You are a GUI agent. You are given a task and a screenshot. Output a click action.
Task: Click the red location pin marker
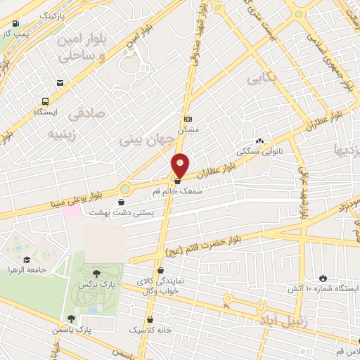tap(180, 165)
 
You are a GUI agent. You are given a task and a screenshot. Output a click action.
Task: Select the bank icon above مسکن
tap(187, 120)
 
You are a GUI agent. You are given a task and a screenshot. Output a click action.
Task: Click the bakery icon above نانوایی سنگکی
tap(260, 141)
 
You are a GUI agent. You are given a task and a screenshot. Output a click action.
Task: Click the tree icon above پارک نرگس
tap(96, 273)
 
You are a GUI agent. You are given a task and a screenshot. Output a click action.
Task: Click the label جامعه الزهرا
tap(28, 270)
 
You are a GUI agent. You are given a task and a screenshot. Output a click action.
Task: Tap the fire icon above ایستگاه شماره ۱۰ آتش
tap(323, 278)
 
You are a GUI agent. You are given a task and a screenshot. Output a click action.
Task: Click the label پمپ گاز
tap(13, 32)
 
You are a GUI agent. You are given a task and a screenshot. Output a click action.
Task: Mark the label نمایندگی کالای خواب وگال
tap(160, 284)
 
